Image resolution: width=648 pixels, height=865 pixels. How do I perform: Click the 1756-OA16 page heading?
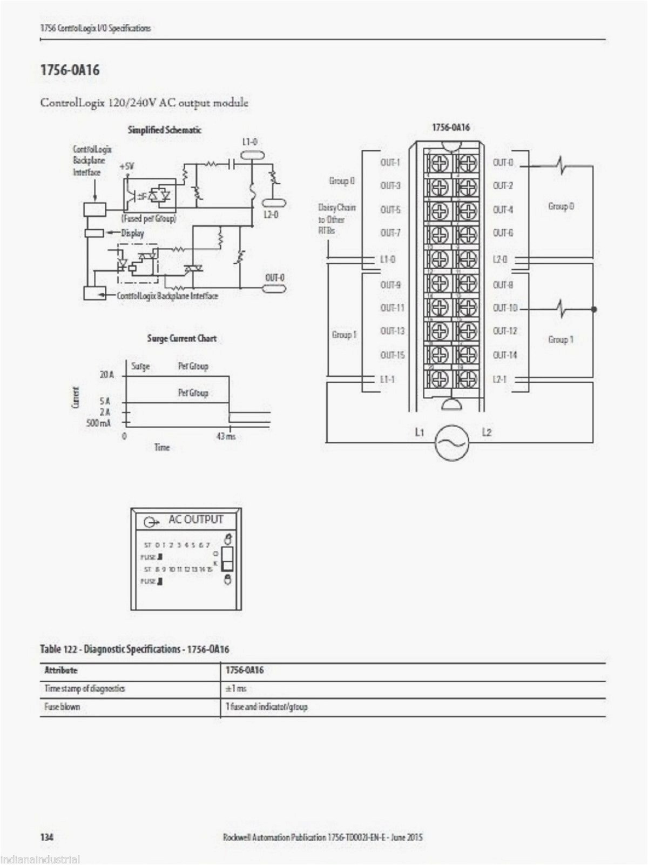tap(70, 70)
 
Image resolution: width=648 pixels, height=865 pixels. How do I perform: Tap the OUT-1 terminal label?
tap(390, 162)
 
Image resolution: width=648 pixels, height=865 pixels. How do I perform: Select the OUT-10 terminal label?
tap(505, 308)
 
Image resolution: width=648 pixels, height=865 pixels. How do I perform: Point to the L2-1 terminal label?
tap(500, 379)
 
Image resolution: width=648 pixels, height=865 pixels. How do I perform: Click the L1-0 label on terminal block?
tap(388, 259)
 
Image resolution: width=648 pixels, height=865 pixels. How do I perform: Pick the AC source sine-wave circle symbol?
tap(452, 442)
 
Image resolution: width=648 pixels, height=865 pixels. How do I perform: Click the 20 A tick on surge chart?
tap(107, 375)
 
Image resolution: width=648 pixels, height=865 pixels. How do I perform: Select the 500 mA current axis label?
tap(99, 423)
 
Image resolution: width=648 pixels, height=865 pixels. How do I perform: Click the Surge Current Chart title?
tap(181, 338)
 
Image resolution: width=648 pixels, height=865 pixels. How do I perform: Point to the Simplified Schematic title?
tap(164, 130)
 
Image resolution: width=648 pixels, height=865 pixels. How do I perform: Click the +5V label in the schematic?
tap(127, 167)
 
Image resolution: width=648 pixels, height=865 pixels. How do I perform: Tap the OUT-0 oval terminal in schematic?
tap(274, 289)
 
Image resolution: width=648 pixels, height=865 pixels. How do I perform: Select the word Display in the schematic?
tap(132, 233)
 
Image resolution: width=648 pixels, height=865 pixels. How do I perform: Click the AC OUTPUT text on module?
tap(195, 520)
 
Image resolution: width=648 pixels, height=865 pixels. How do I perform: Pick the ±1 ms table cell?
tap(236, 688)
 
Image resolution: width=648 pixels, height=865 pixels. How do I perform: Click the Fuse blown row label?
tap(62, 707)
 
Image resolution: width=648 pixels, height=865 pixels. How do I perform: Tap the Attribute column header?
tap(60, 670)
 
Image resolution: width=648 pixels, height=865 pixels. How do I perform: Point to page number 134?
tap(46, 837)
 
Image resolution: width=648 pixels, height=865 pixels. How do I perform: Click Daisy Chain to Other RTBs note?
tap(337, 219)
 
